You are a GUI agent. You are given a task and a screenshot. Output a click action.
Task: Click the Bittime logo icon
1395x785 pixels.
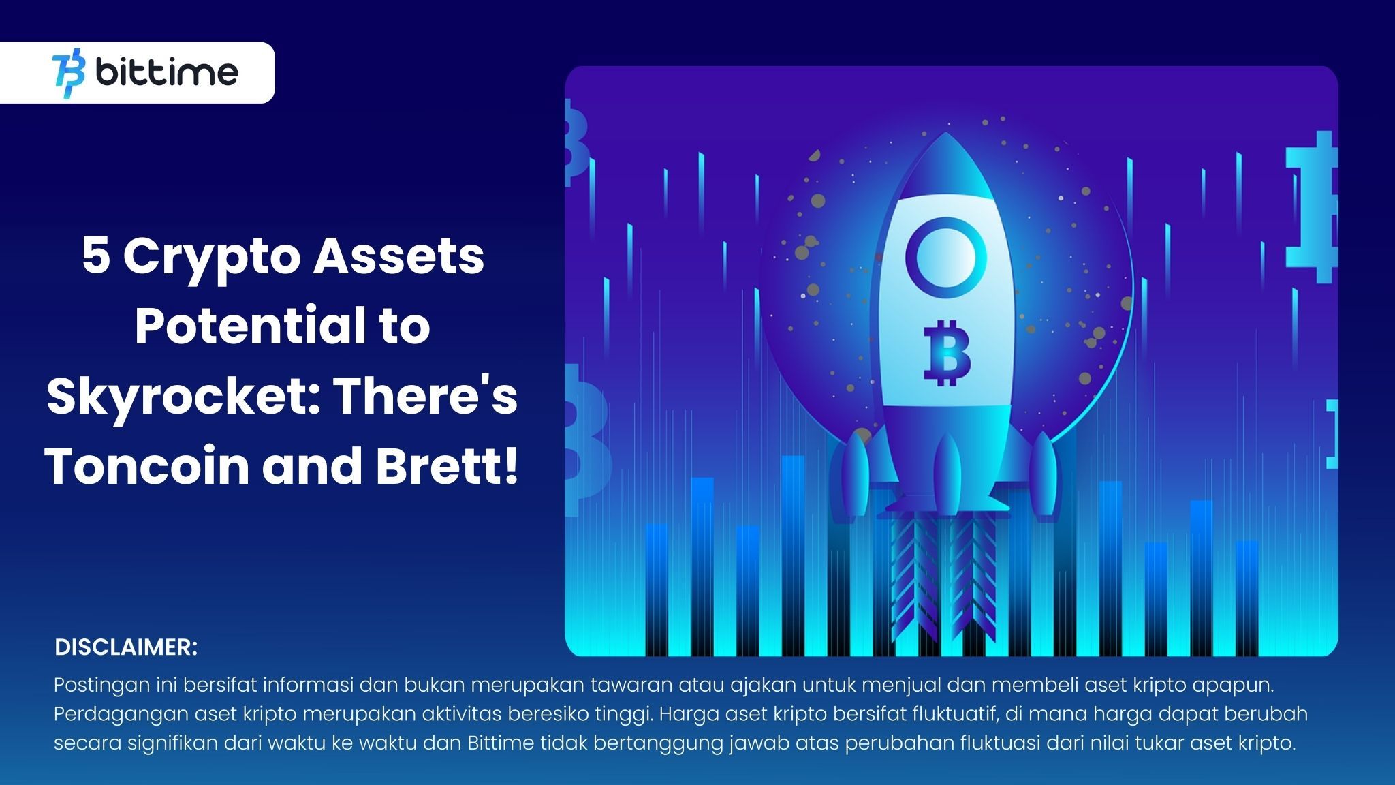[69, 73]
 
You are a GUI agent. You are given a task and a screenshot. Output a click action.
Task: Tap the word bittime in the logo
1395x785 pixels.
[167, 72]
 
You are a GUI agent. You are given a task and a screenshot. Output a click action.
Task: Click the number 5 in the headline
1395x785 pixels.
[96, 257]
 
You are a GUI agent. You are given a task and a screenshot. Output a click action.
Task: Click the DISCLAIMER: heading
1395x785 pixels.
[126, 647]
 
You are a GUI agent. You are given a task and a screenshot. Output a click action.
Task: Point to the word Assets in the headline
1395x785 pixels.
[398, 257]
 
